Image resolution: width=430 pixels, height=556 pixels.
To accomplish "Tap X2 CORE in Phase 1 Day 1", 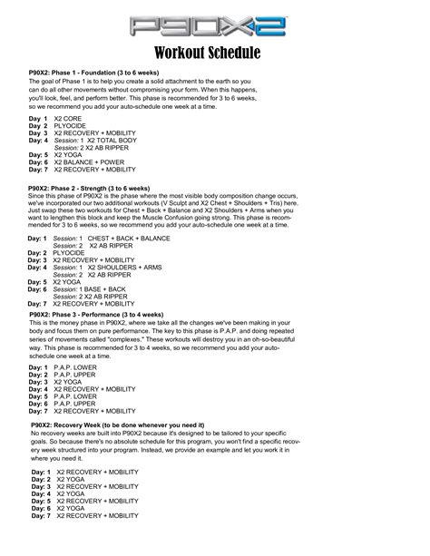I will tap(70, 119).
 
